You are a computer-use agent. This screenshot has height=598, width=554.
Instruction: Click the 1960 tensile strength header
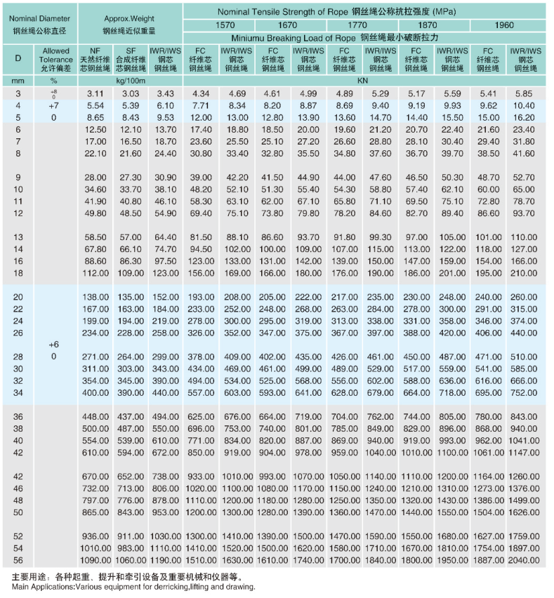503,25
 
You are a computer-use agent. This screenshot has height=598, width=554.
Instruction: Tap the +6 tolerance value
53,345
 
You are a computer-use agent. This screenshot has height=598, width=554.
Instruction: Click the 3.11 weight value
95,93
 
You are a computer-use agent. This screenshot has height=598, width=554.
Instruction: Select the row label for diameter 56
18,560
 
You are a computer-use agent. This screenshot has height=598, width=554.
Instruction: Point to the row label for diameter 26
18,333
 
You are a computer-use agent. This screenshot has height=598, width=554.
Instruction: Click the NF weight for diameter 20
95,297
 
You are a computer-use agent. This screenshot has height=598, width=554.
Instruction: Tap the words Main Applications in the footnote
36,586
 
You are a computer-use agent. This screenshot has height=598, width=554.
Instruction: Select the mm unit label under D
18,81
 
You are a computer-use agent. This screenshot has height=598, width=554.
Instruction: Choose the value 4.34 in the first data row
201,93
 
